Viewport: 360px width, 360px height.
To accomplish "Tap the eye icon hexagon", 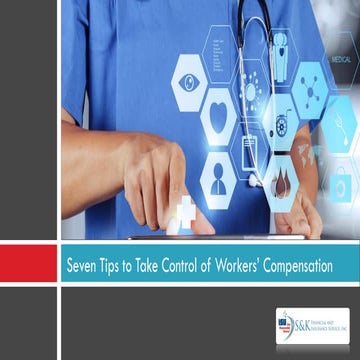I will (x=189, y=79).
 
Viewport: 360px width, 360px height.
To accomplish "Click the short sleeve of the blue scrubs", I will (x=85, y=60).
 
